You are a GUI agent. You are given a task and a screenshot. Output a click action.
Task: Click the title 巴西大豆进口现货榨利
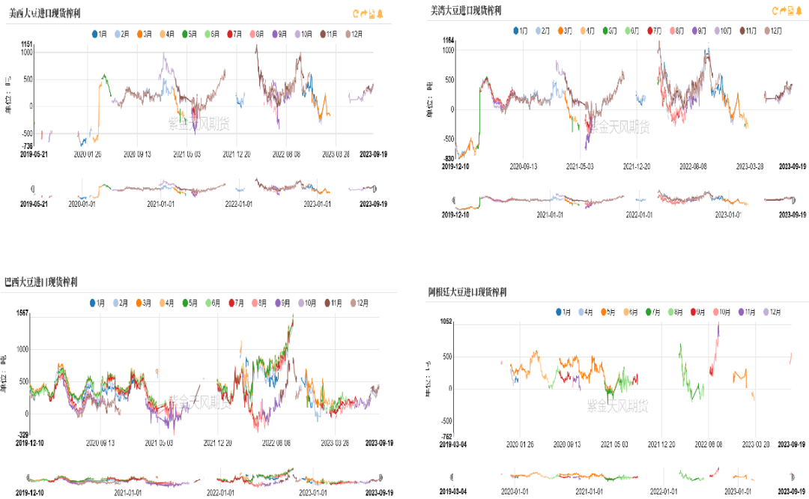click(x=41, y=282)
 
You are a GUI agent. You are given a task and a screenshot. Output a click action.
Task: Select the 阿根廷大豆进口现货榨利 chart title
click(x=467, y=291)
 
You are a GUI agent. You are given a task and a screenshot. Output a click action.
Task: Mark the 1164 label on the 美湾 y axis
click(x=449, y=40)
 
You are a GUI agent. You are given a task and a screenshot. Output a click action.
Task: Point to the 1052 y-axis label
click(x=446, y=321)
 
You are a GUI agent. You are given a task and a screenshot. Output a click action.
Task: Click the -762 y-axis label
click(x=446, y=437)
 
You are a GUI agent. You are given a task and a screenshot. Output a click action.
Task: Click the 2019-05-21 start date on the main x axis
click(x=33, y=154)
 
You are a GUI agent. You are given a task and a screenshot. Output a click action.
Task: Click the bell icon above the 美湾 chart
click(x=799, y=10)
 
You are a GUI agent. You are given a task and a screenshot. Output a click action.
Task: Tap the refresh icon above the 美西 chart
click(x=356, y=13)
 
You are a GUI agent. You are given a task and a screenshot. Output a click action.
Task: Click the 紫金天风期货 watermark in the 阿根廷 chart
click(x=617, y=405)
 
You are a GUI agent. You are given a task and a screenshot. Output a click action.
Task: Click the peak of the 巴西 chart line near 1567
click(x=292, y=316)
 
